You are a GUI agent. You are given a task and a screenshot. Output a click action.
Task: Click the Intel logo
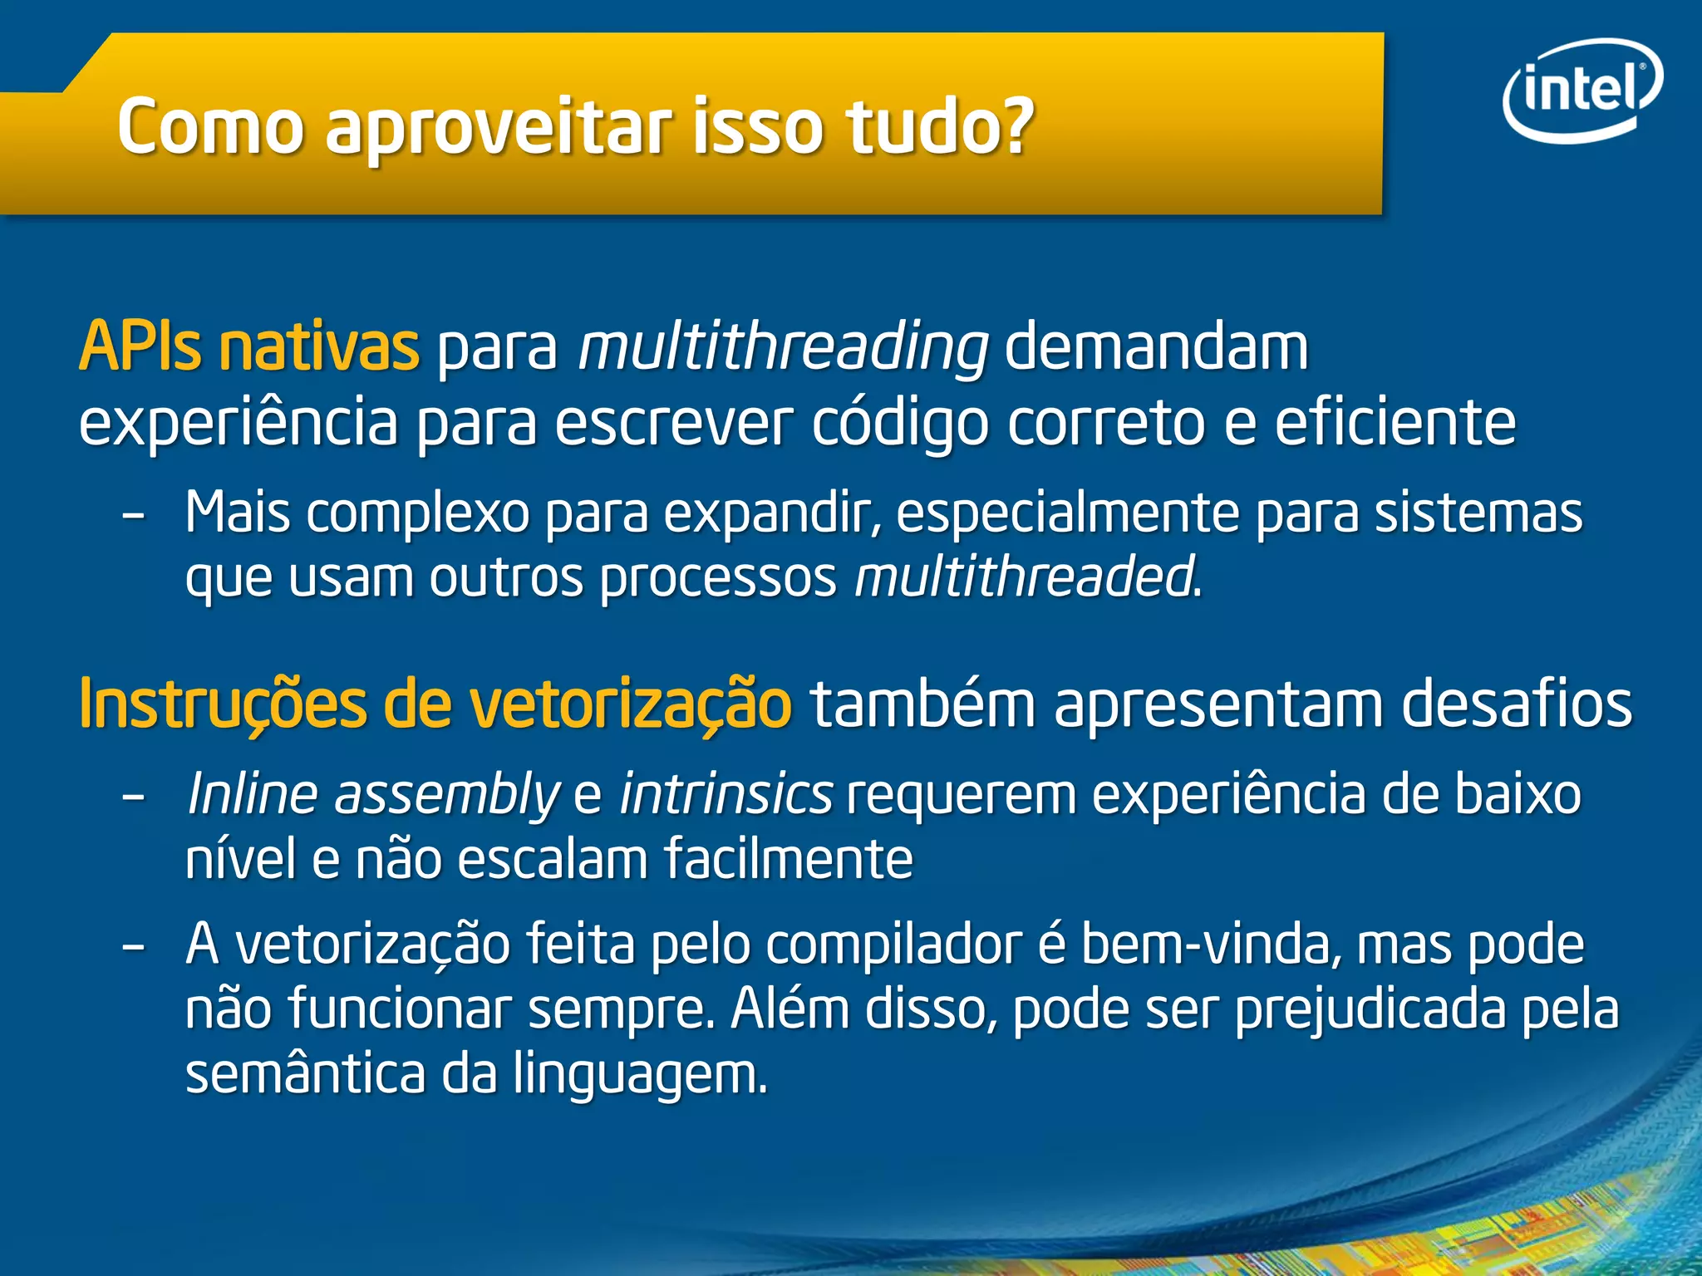tap(1582, 91)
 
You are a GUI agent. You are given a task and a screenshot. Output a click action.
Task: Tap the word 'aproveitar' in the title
tap(500, 129)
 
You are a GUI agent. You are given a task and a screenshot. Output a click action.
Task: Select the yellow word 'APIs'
tap(140, 346)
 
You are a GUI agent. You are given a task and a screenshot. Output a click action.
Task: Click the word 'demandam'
tap(1157, 346)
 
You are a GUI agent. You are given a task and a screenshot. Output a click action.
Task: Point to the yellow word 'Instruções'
tap(222, 704)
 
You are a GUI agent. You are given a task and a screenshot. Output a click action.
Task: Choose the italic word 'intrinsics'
tap(726, 794)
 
